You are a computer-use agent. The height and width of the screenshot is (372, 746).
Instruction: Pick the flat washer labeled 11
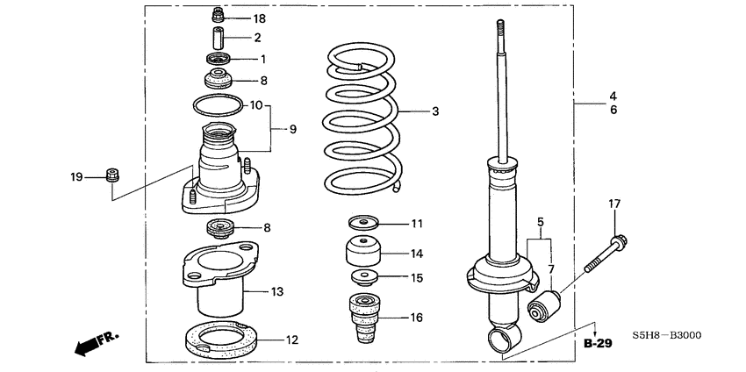pyautogui.click(x=361, y=223)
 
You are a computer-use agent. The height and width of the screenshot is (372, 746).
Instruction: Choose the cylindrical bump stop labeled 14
pyautogui.click(x=361, y=254)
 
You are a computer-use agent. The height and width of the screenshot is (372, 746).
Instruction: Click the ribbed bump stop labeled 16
pyautogui.click(x=361, y=317)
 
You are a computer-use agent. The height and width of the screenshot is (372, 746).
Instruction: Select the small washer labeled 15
pyautogui.click(x=361, y=279)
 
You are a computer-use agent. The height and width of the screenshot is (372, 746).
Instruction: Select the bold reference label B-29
pyautogui.click(x=597, y=343)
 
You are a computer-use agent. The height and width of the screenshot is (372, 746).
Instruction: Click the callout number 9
pyautogui.click(x=293, y=129)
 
